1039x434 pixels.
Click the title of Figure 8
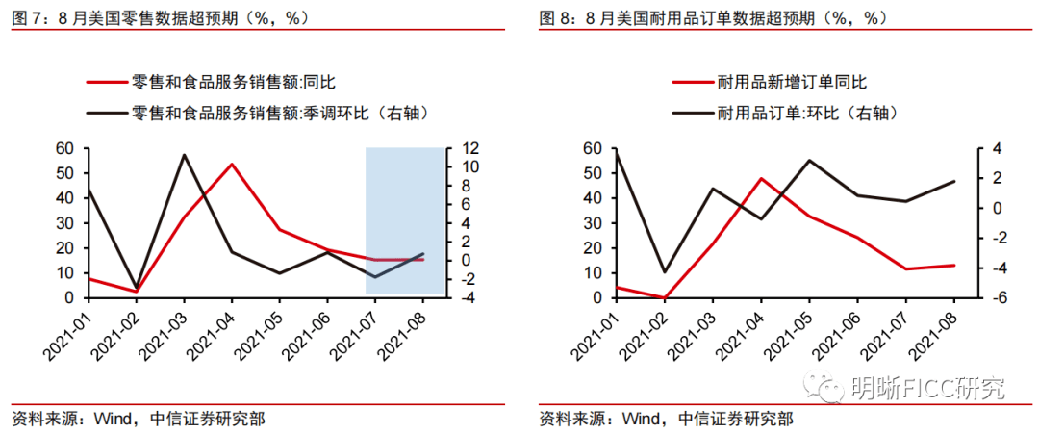(x=713, y=17)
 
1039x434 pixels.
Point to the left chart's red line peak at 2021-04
(x=232, y=165)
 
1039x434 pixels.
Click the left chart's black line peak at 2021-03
(x=184, y=155)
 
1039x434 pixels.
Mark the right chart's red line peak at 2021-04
(x=761, y=179)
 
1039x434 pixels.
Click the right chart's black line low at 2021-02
(x=664, y=272)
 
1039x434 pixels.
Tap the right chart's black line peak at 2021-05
(x=809, y=161)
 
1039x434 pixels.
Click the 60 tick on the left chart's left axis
(x=65, y=148)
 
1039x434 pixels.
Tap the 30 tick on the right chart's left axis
(x=593, y=223)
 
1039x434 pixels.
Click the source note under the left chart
(x=139, y=420)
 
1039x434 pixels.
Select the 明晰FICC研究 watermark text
(x=928, y=389)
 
